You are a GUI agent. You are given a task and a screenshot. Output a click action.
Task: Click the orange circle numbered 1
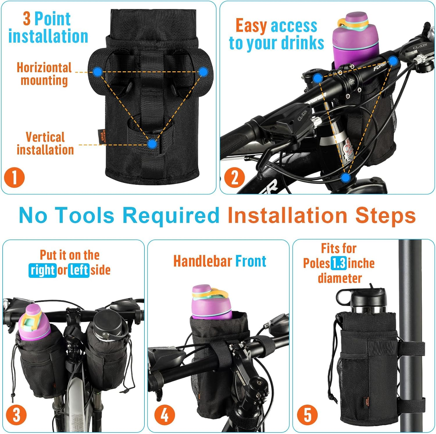pyautogui.click(x=14, y=177)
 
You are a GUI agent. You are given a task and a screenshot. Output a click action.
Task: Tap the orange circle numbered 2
pyautogui.click(x=234, y=177)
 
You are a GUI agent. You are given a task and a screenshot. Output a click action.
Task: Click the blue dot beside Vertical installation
pyautogui.click(x=152, y=144)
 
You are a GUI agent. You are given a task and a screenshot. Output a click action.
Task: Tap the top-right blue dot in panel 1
pyautogui.click(x=203, y=72)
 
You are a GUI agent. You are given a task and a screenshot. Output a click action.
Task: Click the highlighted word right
pyautogui.click(x=42, y=270)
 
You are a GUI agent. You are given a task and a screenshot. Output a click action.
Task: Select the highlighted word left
pyautogui.click(x=78, y=270)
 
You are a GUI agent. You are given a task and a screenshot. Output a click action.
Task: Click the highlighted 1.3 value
pyautogui.click(x=339, y=264)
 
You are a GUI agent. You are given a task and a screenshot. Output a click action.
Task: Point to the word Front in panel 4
pyautogui.click(x=251, y=261)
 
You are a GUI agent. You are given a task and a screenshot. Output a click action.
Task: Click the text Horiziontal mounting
pyautogui.click(x=44, y=74)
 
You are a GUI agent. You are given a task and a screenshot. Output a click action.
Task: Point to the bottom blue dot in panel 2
pyautogui.click(x=345, y=177)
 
